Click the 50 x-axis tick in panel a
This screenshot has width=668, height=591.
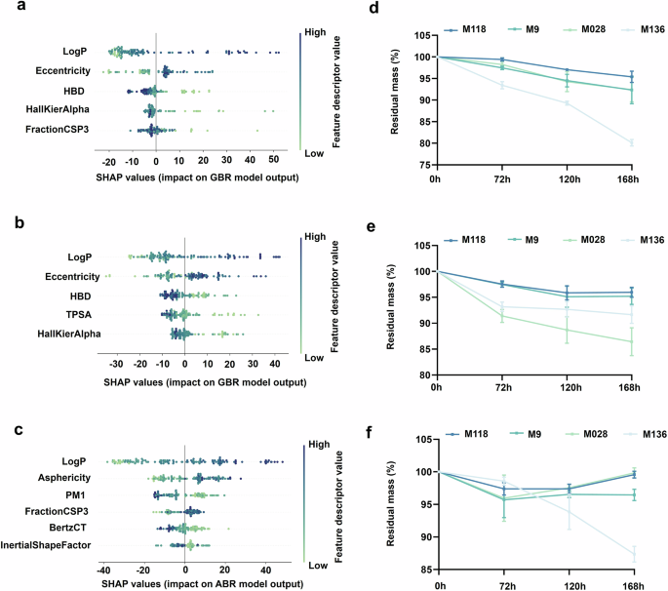tap(274, 160)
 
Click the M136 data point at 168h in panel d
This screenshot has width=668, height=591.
tap(630, 143)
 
